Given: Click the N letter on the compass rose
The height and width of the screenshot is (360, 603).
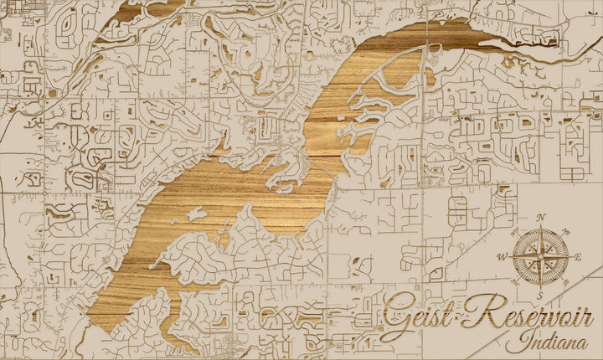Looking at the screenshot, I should coord(541,219).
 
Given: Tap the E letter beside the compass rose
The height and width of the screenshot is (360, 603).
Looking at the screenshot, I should coord(578,256).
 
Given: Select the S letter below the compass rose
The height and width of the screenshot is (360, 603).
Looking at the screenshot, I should coord(540,296).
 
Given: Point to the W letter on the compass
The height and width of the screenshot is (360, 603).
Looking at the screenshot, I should coord(502,257).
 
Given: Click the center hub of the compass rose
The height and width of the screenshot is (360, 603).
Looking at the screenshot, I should coord(540,256).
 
